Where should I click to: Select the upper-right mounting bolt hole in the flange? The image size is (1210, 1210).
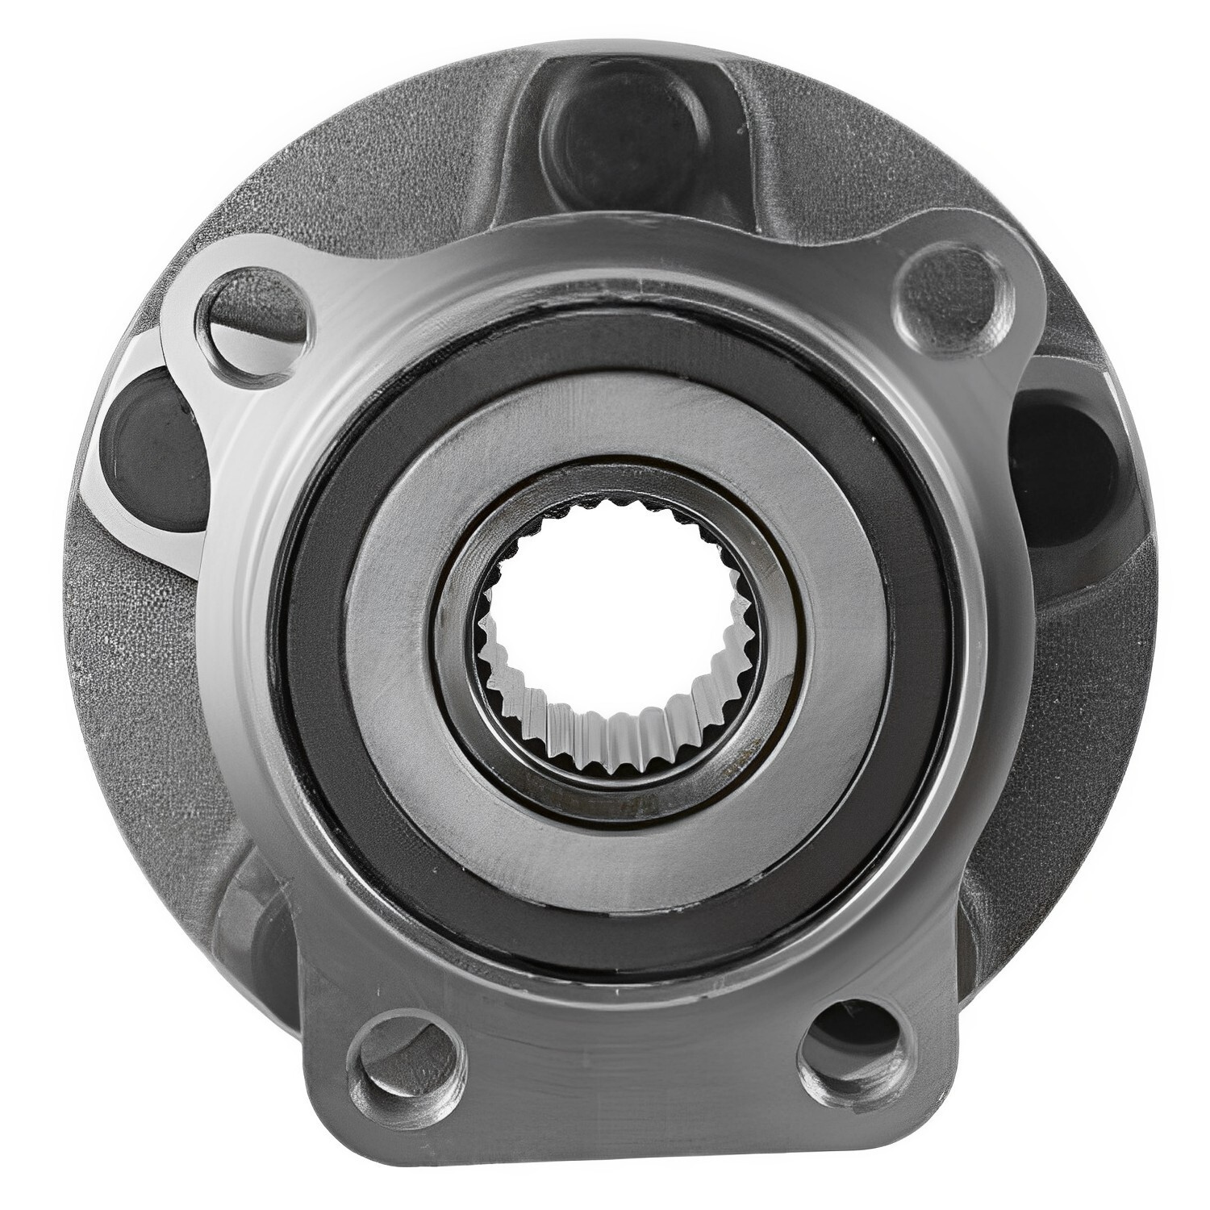tap(950, 292)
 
